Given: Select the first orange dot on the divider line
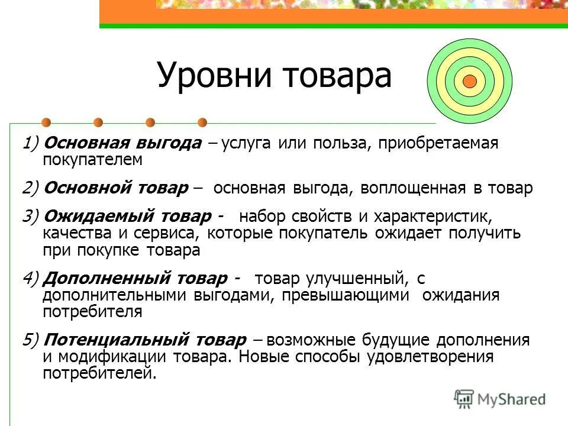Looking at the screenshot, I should (46, 122).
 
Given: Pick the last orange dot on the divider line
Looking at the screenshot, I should (202, 122).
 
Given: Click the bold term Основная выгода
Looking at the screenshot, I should (123, 144).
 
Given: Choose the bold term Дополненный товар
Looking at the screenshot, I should (134, 278).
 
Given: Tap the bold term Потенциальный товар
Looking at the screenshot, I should (144, 340).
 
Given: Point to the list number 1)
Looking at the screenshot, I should (31, 144).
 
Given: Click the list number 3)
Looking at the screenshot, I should (31, 217).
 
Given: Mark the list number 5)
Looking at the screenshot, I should (31, 340).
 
